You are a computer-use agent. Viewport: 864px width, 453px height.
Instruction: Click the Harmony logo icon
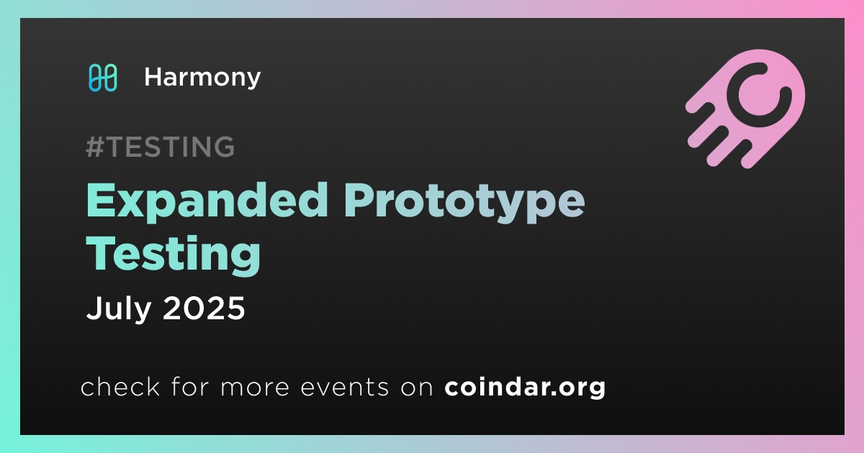[x=102, y=78]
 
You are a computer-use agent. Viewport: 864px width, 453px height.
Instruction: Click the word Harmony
[x=202, y=78]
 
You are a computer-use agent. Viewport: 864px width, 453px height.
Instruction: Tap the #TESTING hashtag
[x=160, y=147]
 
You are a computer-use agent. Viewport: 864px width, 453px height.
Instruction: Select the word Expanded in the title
[x=207, y=201]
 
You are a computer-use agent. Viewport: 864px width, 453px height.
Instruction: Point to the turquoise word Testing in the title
[x=174, y=255]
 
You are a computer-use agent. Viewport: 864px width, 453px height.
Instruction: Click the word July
[x=118, y=309]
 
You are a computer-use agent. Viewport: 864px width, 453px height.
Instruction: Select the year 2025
[x=204, y=308]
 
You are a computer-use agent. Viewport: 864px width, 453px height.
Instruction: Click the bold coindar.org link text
[x=525, y=388]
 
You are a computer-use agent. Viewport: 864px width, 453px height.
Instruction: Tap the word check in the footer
[x=120, y=387]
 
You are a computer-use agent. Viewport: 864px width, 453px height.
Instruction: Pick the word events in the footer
[x=344, y=388]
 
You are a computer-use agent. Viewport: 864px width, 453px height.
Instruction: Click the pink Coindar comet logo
[x=745, y=109]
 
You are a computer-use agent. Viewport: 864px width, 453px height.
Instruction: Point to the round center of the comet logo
[x=759, y=95]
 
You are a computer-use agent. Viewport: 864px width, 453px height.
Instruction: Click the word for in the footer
[x=191, y=387]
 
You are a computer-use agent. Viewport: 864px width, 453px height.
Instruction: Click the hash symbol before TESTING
[x=95, y=147]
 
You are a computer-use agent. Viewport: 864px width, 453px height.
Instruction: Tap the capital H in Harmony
[x=154, y=78]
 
